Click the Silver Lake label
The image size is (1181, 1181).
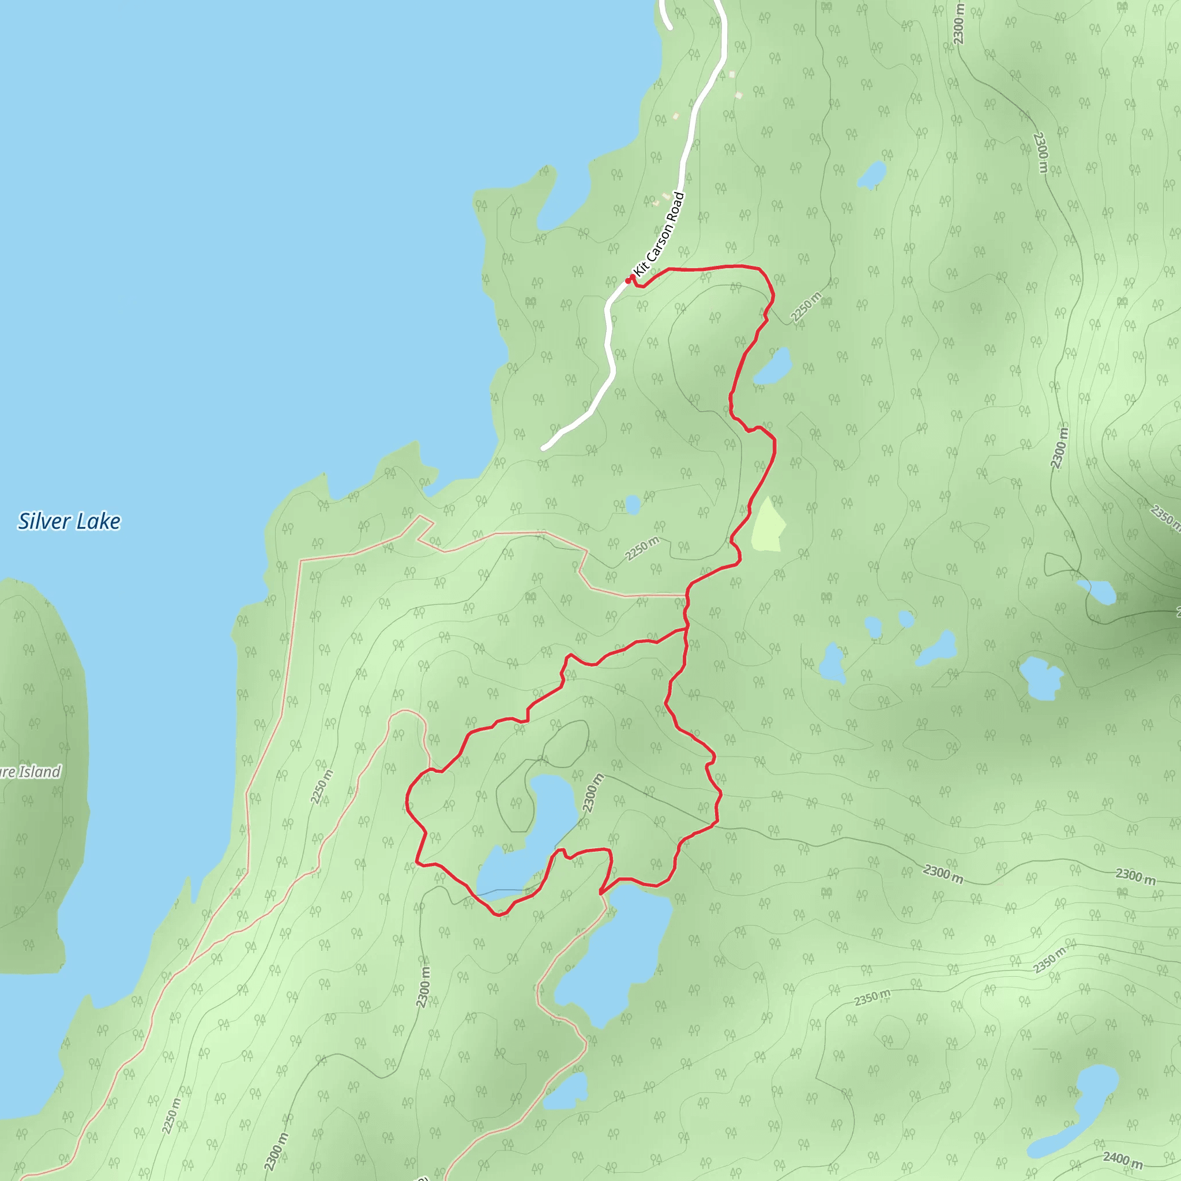pyautogui.click(x=69, y=521)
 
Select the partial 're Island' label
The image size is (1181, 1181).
pyautogui.click(x=31, y=772)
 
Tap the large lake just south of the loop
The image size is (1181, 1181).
pyautogui.click(x=618, y=954)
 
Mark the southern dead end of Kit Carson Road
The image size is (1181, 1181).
pyautogui.click(x=543, y=449)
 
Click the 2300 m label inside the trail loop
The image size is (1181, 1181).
pyautogui.click(x=592, y=793)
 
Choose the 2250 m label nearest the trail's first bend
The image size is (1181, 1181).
pyautogui.click(x=806, y=307)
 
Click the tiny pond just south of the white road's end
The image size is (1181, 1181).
pyautogui.click(x=633, y=505)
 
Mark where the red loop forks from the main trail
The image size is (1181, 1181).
pyautogui.click(x=686, y=628)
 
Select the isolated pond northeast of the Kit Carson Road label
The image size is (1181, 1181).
pyautogui.click(x=872, y=175)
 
